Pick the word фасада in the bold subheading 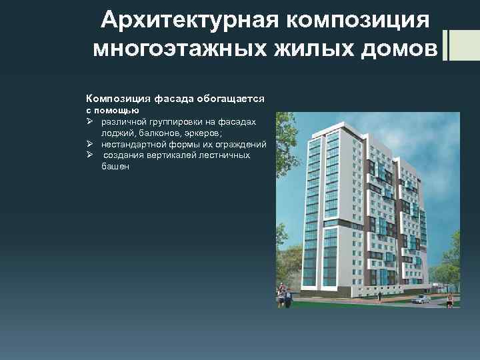[x=173, y=99]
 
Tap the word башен [x=115, y=167]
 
